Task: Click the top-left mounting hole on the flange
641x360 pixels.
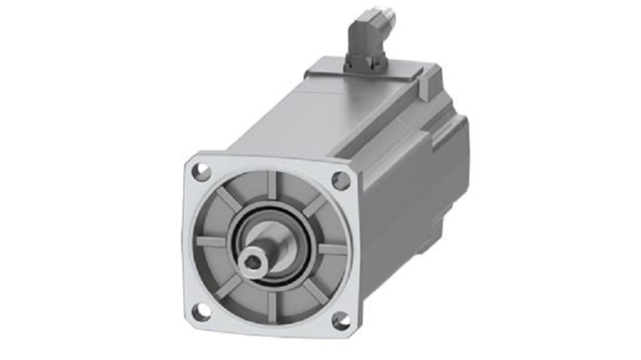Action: pyautogui.click(x=201, y=172)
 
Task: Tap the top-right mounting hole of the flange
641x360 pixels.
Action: pyautogui.click(x=341, y=180)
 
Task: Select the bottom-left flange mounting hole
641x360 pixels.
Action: pyautogui.click(x=201, y=312)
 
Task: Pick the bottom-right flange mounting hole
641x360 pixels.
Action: pyautogui.click(x=341, y=321)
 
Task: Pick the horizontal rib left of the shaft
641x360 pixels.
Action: pyautogui.click(x=211, y=242)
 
